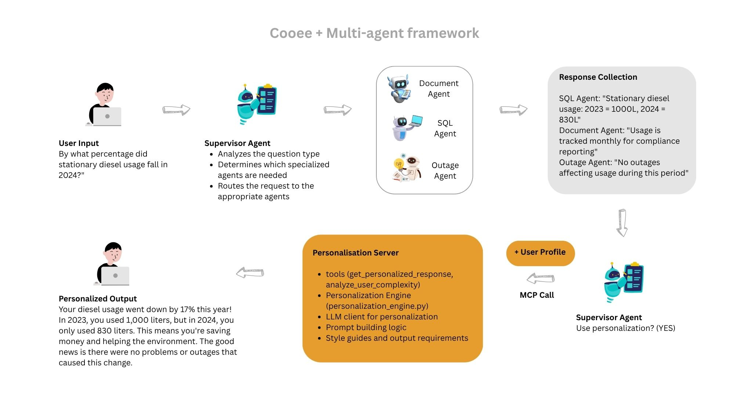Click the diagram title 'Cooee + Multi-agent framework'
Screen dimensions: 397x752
(x=374, y=33)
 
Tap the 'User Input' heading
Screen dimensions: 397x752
(x=79, y=143)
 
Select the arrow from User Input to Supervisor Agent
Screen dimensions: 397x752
(x=176, y=110)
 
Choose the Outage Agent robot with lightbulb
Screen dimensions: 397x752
(x=407, y=168)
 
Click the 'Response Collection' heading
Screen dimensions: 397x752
(x=598, y=77)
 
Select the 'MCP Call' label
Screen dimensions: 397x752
(x=536, y=295)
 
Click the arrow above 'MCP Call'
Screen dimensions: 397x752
(x=540, y=279)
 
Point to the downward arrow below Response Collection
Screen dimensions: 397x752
(x=622, y=223)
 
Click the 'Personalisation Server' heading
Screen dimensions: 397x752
(x=355, y=253)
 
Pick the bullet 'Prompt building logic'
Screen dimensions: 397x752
(x=366, y=328)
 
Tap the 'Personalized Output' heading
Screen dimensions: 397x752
(x=98, y=298)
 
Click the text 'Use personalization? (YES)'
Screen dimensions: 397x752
(x=625, y=328)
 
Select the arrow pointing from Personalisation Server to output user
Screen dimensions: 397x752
(x=250, y=273)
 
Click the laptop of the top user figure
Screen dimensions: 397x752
(x=107, y=117)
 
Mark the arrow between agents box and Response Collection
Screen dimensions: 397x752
(x=513, y=110)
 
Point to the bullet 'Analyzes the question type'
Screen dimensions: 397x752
(x=268, y=154)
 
